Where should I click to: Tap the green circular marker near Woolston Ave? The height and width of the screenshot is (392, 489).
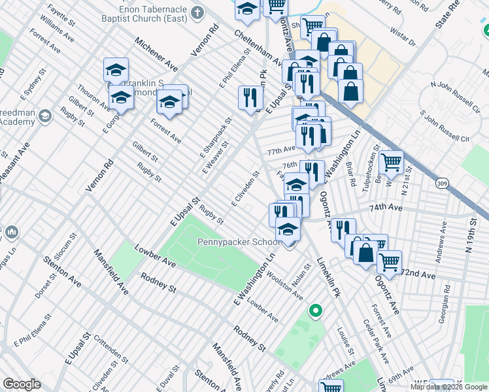316,312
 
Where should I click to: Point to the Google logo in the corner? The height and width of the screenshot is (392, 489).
22,384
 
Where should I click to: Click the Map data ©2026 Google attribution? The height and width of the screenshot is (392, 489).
448,387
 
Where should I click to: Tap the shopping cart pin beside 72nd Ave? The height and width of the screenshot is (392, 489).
389,262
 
